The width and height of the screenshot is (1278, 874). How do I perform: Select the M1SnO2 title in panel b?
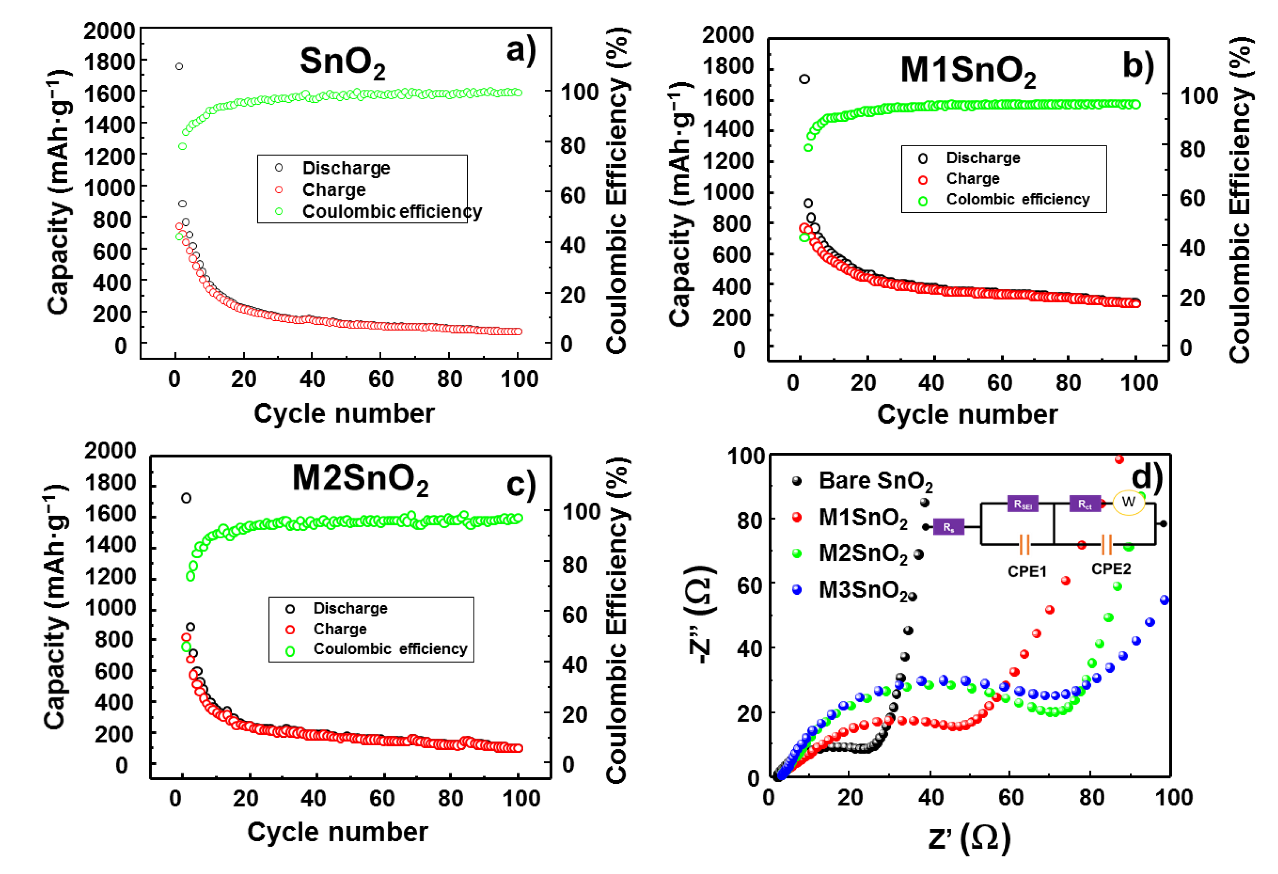tap(968, 71)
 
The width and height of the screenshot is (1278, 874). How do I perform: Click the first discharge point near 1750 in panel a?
tap(179, 66)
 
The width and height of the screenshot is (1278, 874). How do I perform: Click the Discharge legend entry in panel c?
tap(350, 608)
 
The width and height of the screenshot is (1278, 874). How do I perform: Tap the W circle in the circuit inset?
tap(1128, 502)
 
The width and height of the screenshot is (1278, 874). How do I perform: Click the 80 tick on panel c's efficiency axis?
tap(575, 565)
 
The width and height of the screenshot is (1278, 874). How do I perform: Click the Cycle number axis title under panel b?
tap(967, 415)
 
